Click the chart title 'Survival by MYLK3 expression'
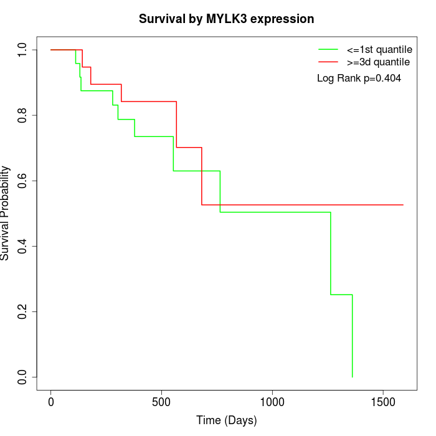coord(226,19)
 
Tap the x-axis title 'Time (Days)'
coord(226,420)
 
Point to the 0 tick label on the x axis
coord(51,402)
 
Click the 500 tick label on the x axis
coord(161,402)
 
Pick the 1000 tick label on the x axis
coord(272,402)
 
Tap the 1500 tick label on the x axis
coord(382,402)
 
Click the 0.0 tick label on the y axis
coord(22,377)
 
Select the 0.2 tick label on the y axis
coord(22,311)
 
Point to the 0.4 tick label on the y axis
coord(22,246)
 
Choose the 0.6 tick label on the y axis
coord(22,181)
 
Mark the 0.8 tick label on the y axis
coord(22,115)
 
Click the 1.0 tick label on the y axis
coord(22,50)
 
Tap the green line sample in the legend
coord(328,49)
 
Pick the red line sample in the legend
coord(328,62)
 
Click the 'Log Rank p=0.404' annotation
coord(359,78)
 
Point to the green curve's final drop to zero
coord(353,336)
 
